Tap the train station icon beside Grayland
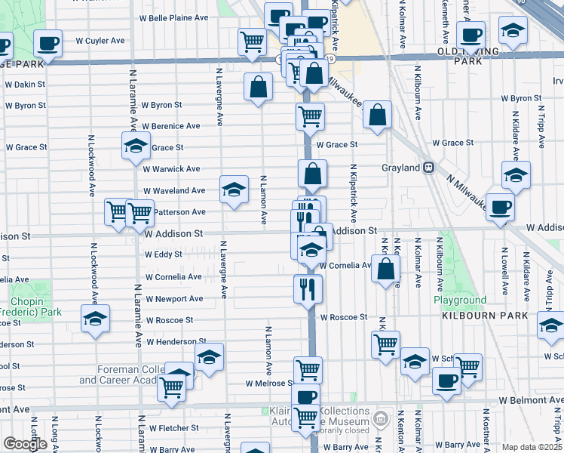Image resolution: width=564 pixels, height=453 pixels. [x=428, y=167]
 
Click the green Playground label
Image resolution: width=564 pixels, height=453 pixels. [x=460, y=300]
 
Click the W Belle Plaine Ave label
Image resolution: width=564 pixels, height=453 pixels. [x=173, y=17]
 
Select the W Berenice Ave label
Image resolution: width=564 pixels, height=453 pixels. [x=171, y=126]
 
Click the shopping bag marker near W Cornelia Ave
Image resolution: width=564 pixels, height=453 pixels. [x=386, y=270]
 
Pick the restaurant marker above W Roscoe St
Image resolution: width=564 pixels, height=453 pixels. [x=308, y=288]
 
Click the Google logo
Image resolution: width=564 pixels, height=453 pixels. [x=25, y=444]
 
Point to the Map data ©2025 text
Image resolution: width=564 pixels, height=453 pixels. [x=532, y=447]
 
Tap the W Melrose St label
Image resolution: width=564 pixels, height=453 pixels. [x=268, y=384]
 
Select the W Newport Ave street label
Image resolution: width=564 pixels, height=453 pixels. [x=175, y=299]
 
